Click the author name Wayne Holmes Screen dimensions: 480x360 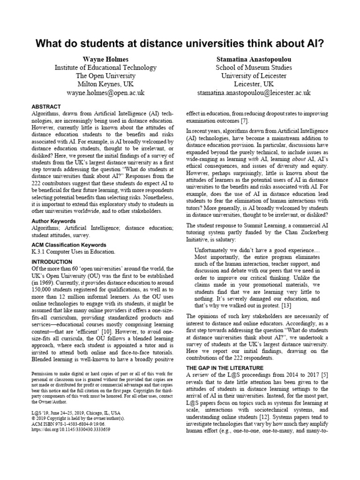pos(105,60)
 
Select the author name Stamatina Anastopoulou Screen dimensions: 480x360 pos(254,60)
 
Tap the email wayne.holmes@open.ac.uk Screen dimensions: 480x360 pos(105,93)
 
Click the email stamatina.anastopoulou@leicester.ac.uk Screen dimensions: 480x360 pos(254,93)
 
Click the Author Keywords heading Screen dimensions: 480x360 pos(57,220)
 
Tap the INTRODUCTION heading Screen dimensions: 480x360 pos(52,262)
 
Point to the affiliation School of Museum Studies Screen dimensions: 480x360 pos(254,68)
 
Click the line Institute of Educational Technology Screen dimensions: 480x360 pos(105,68)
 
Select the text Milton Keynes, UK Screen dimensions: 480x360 pos(105,84)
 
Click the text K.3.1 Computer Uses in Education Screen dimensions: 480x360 pos(73,252)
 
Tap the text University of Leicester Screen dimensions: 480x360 pos(254,76)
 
